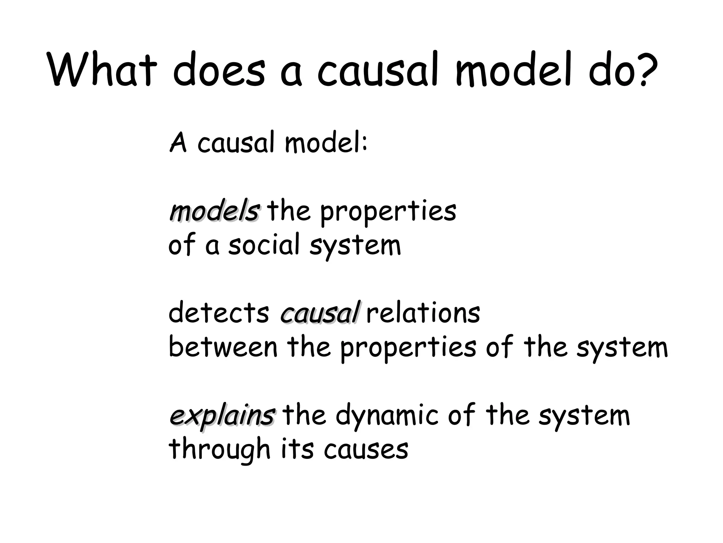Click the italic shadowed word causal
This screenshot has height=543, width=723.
point(320,313)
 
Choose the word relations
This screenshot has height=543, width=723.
point(423,313)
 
